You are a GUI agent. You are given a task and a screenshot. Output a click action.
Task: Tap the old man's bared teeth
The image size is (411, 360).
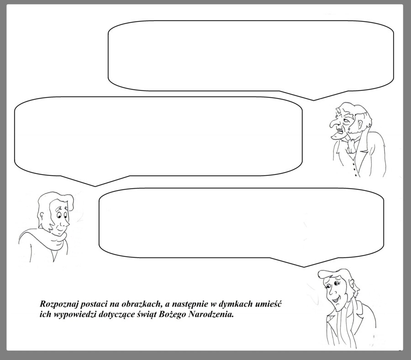pyautogui.click(x=340, y=129)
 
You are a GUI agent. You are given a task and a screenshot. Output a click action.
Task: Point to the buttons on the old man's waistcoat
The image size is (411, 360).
pyautogui.click(x=355, y=168)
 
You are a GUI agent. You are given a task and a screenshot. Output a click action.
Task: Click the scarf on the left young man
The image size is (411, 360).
pyautogui.click(x=45, y=239)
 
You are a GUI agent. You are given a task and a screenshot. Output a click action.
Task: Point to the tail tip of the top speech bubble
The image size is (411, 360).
pyautogui.click(x=314, y=100)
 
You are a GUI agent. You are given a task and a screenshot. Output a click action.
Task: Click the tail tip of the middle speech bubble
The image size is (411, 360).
pyautogui.click(x=95, y=186)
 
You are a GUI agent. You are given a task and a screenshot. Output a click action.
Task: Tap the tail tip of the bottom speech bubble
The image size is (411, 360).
pyautogui.click(x=304, y=267)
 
